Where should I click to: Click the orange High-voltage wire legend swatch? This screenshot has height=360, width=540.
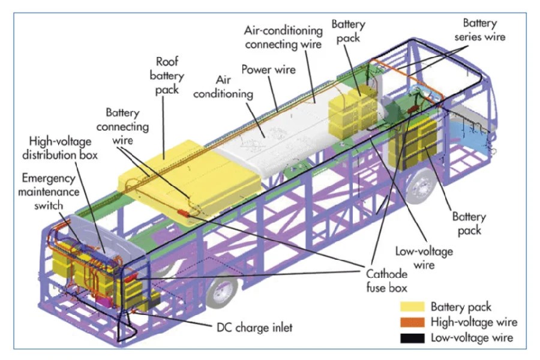point(410,323)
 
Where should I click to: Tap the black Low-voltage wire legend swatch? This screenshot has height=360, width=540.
point(410,338)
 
